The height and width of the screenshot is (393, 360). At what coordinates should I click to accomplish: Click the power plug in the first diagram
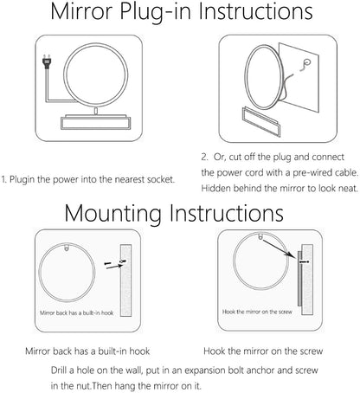coord(47,62)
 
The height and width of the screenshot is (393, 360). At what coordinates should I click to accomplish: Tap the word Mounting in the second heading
coord(112,214)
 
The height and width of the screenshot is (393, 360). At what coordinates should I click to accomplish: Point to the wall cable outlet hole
coord(307,61)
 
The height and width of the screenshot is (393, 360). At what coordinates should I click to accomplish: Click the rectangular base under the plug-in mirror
coord(95,122)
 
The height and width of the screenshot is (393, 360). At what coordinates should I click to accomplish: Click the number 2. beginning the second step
coord(204,157)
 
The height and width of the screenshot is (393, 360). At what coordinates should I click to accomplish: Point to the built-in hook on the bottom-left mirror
coord(67,248)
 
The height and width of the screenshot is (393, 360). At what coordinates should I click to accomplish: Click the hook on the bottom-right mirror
coord(261,238)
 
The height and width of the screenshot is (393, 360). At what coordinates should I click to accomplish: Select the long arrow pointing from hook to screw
coord(279,248)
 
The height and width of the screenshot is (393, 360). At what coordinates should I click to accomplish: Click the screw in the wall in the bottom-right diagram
coord(304,261)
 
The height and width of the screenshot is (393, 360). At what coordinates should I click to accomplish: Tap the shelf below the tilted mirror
coord(261,121)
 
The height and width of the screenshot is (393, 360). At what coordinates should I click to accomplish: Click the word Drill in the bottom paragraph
coord(59,370)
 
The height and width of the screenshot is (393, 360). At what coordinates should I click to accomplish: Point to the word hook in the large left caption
coord(139,351)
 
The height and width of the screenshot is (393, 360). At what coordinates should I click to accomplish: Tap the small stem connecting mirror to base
coord(95,111)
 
